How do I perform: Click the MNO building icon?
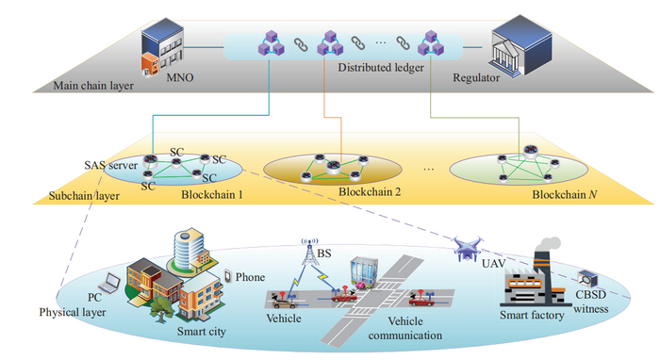[x=161, y=49]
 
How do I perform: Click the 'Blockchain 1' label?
[x=214, y=193]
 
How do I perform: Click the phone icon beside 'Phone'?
[x=227, y=277]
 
